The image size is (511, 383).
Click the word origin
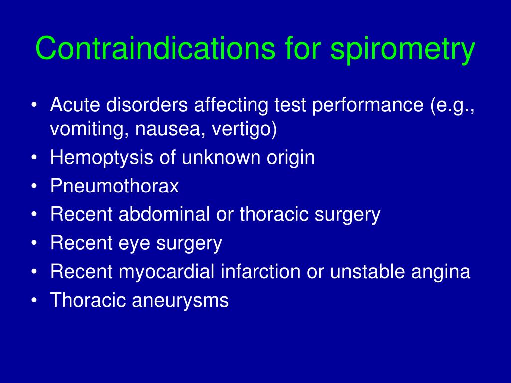click(291, 158)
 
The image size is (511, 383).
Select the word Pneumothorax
click(114, 187)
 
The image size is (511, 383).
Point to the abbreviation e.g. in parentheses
click(455, 106)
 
